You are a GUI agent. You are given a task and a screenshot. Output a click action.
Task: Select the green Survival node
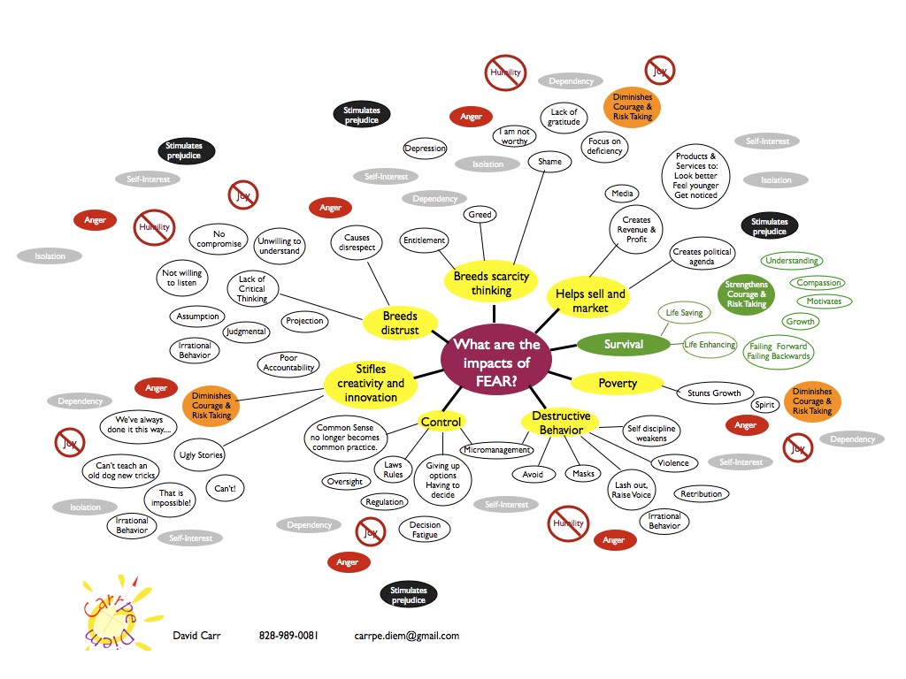[623, 344]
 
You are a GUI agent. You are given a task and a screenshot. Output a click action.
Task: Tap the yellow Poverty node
[617, 383]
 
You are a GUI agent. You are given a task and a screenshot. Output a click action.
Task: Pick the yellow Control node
[441, 422]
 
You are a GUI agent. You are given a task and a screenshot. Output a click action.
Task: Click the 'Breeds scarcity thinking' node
[491, 283]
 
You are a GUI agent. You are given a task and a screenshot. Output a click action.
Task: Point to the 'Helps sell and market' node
[589, 301]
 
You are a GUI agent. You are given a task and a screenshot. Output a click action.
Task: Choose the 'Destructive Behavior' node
[561, 423]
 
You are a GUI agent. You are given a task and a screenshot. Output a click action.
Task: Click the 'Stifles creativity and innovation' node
[370, 383]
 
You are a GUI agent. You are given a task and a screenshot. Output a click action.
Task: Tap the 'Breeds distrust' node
[399, 324]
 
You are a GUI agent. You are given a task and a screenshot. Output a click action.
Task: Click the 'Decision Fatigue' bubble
[425, 530]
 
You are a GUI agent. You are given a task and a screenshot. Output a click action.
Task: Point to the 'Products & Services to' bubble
[695, 175]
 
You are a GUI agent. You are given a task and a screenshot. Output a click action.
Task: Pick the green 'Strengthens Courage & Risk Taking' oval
[746, 294]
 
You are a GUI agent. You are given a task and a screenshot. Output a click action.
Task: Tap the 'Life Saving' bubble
[685, 313]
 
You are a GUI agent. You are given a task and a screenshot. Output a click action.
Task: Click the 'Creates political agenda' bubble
[703, 257]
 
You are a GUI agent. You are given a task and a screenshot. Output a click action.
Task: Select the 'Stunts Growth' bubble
[714, 393]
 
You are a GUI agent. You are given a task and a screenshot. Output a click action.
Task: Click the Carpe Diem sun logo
[119, 612]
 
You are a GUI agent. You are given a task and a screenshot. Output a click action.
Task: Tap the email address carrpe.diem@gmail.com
[406, 636]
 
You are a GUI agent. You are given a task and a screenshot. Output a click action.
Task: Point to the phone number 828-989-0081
[288, 636]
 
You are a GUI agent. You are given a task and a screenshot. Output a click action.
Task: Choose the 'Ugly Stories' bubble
[200, 455]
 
